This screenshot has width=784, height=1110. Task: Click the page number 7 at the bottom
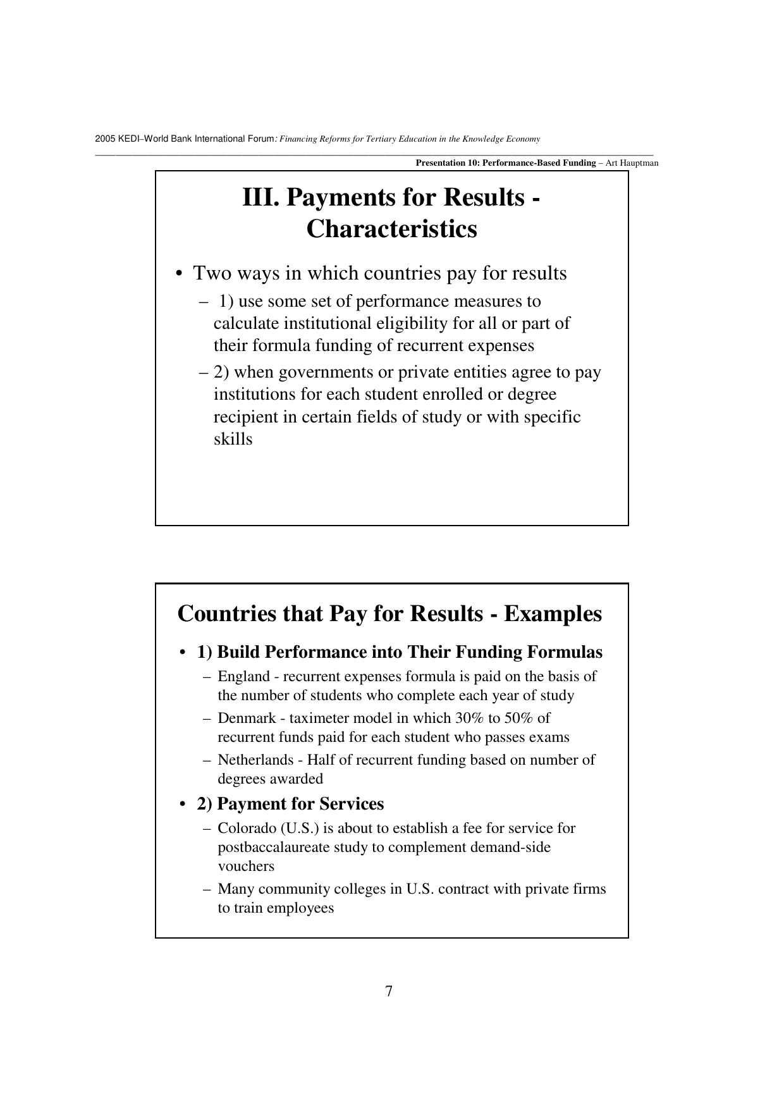pyautogui.click(x=389, y=991)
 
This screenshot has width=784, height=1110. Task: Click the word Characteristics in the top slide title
pyautogui.click(x=391, y=229)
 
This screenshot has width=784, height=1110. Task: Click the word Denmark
pyautogui.click(x=247, y=718)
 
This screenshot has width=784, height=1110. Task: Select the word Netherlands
pyautogui.click(x=255, y=760)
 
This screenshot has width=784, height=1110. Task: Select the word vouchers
pyautogui.click(x=246, y=866)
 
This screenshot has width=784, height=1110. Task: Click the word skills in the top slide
pyautogui.click(x=233, y=439)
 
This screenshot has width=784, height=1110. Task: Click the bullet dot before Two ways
pyautogui.click(x=180, y=274)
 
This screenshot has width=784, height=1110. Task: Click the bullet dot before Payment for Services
pyautogui.click(x=183, y=805)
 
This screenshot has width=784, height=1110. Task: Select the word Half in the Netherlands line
pyautogui.click(x=321, y=760)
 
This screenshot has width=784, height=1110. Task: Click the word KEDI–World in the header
pyautogui.click(x=144, y=139)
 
